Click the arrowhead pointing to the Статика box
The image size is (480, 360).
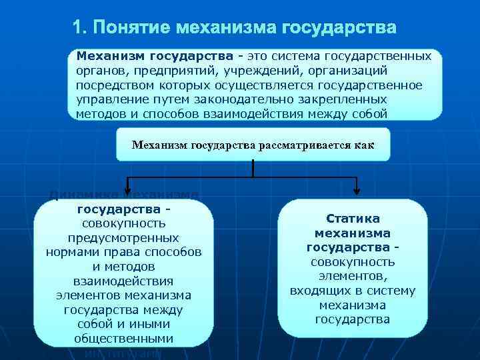click(357, 191)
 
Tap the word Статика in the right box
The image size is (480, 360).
click(353, 219)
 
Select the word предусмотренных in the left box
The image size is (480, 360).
click(123, 238)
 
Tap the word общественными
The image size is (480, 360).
click(123, 339)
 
